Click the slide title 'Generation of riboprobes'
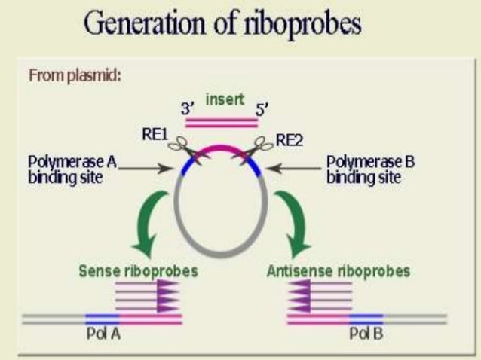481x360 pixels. (222, 25)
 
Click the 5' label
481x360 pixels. (262, 110)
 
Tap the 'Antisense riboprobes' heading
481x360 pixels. (339, 270)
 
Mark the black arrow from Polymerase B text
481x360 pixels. (294, 169)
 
